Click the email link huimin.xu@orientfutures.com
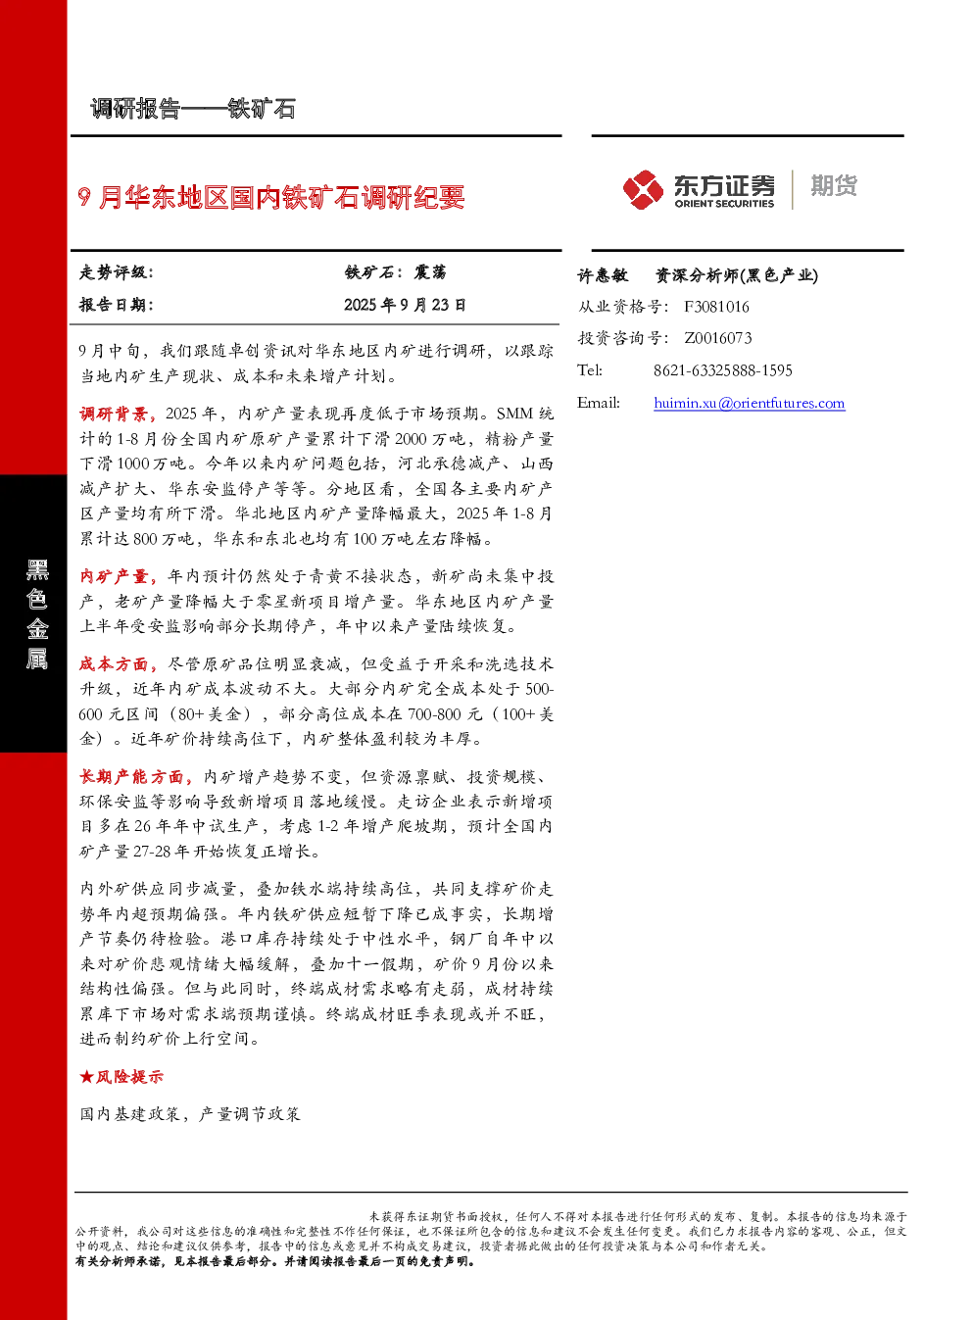[x=749, y=403]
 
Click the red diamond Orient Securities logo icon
[x=643, y=189]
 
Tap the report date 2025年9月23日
[x=405, y=305]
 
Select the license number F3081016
[x=716, y=307]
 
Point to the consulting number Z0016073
[x=717, y=338]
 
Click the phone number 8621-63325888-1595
[x=723, y=370]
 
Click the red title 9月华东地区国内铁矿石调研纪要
[x=271, y=197]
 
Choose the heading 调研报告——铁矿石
[x=193, y=109]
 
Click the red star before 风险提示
[x=86, y=1077]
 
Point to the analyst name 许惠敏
[x=603, y=275]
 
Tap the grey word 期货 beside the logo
[x=834, y=185]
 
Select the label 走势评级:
[x=116, y=272]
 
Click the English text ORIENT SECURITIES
[x=724, y=204]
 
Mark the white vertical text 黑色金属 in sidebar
[x=37, y=614]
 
